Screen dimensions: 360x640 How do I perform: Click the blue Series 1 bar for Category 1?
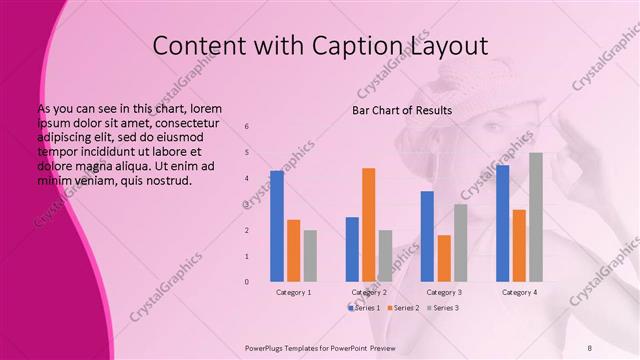point(277,226)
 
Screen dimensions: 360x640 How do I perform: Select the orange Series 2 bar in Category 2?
point(368,225)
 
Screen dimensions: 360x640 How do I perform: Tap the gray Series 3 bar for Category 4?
point(536,217)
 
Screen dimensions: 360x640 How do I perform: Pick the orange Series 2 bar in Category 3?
point(444,258)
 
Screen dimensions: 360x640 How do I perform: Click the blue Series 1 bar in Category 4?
point(502,223)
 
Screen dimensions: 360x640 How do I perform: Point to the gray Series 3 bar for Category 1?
point(310,256)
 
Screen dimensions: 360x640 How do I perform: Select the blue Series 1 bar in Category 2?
point(352,249)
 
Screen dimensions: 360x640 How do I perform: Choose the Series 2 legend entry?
point(404,308)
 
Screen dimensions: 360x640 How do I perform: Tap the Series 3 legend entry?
point(443,308)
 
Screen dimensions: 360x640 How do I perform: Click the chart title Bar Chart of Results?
point(402,110)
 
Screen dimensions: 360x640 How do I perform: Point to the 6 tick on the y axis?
point(247,127)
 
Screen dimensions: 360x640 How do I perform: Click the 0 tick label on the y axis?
point(247,282)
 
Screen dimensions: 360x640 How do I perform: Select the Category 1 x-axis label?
point(293,292)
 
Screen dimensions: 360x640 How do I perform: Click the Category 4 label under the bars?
point(518,292)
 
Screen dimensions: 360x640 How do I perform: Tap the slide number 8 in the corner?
point(589,346)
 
